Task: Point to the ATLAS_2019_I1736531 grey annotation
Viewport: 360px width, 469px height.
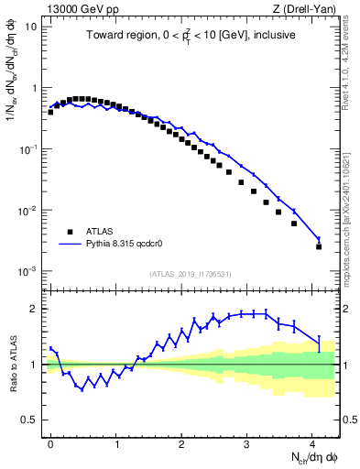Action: [190, 274]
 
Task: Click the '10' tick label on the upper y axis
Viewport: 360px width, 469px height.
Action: [30, 27]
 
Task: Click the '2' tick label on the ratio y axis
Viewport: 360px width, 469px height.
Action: [33, 309]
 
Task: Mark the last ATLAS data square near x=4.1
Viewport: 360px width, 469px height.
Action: [319, 246]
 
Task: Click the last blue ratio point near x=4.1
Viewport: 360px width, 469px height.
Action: [319, 343]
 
